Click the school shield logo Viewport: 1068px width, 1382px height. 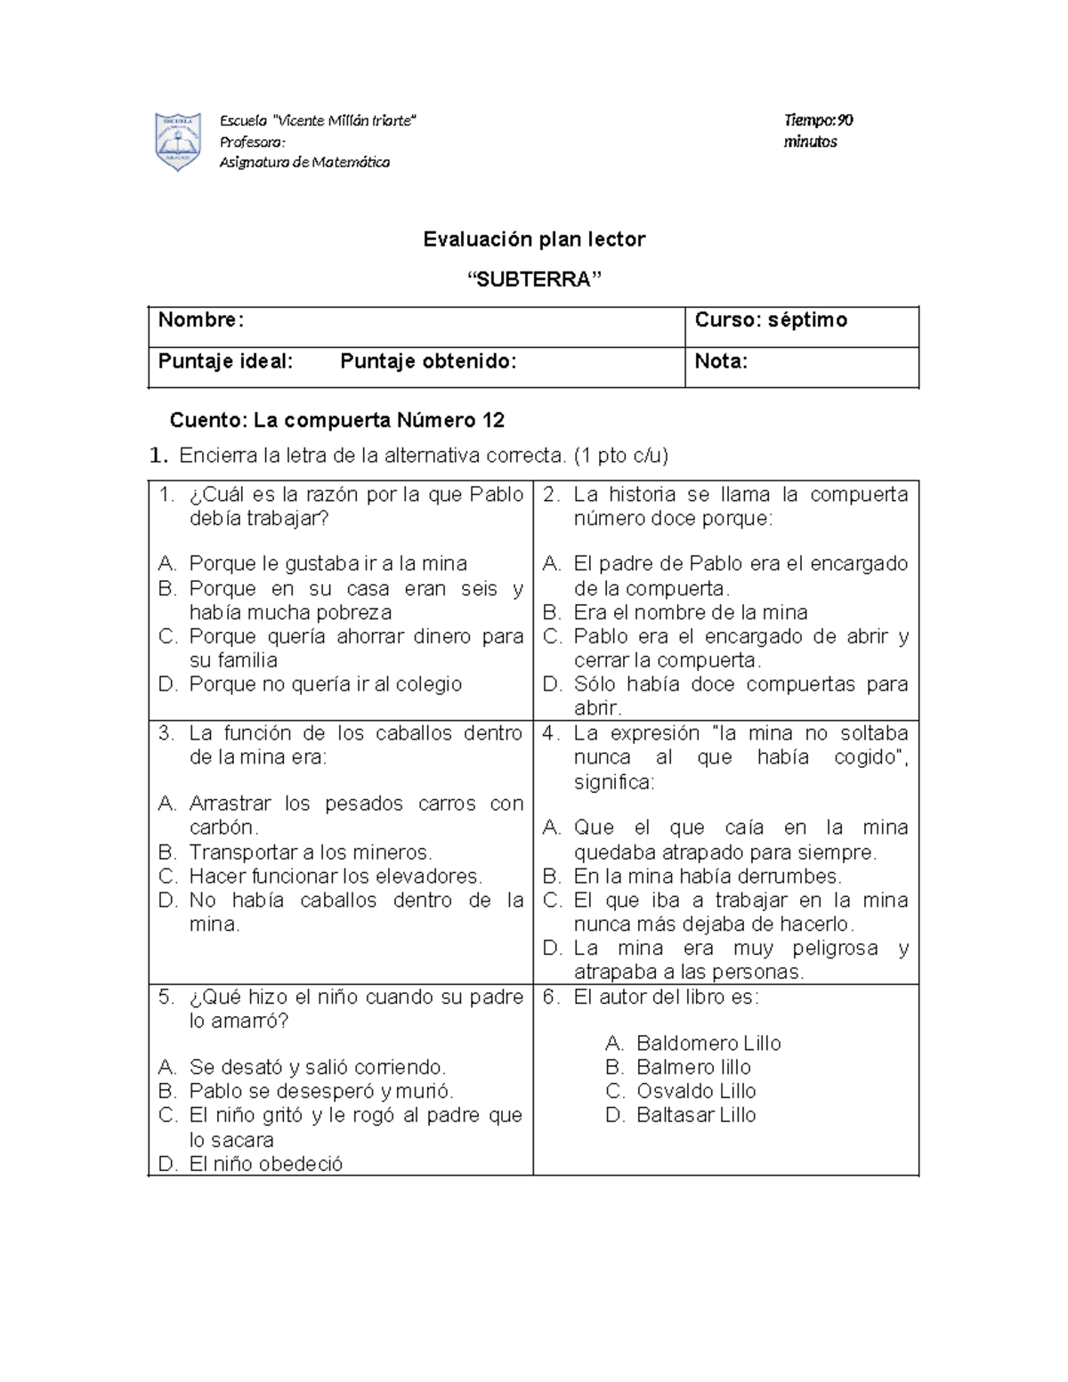point(177,141)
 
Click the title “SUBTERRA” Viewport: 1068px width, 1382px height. point(534,279)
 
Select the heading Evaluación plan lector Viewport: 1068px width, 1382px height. point(534,238)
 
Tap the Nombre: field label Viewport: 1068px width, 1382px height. point(201,320)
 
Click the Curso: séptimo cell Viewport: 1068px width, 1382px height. point(771,320)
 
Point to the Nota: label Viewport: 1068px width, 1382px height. point(721,361)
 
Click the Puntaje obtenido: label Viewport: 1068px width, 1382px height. point(428,361)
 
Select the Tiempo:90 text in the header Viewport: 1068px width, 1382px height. point(818,120)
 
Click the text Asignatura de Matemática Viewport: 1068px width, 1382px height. point(304,162)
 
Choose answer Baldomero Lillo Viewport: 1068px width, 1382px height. point(708,1043)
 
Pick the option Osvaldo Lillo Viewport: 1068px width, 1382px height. point(695,1091)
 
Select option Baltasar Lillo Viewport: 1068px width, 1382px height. point(695,1115)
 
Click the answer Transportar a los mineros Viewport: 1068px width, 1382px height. point(310,852)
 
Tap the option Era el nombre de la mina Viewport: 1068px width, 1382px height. point(690,612)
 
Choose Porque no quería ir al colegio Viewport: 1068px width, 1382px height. point(325,684)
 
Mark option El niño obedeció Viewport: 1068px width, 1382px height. point(265,1164)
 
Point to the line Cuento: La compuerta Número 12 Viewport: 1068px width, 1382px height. point(337,420)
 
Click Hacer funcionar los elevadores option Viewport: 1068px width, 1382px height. point(335,876)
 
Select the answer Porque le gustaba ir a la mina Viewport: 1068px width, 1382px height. point(328,563)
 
